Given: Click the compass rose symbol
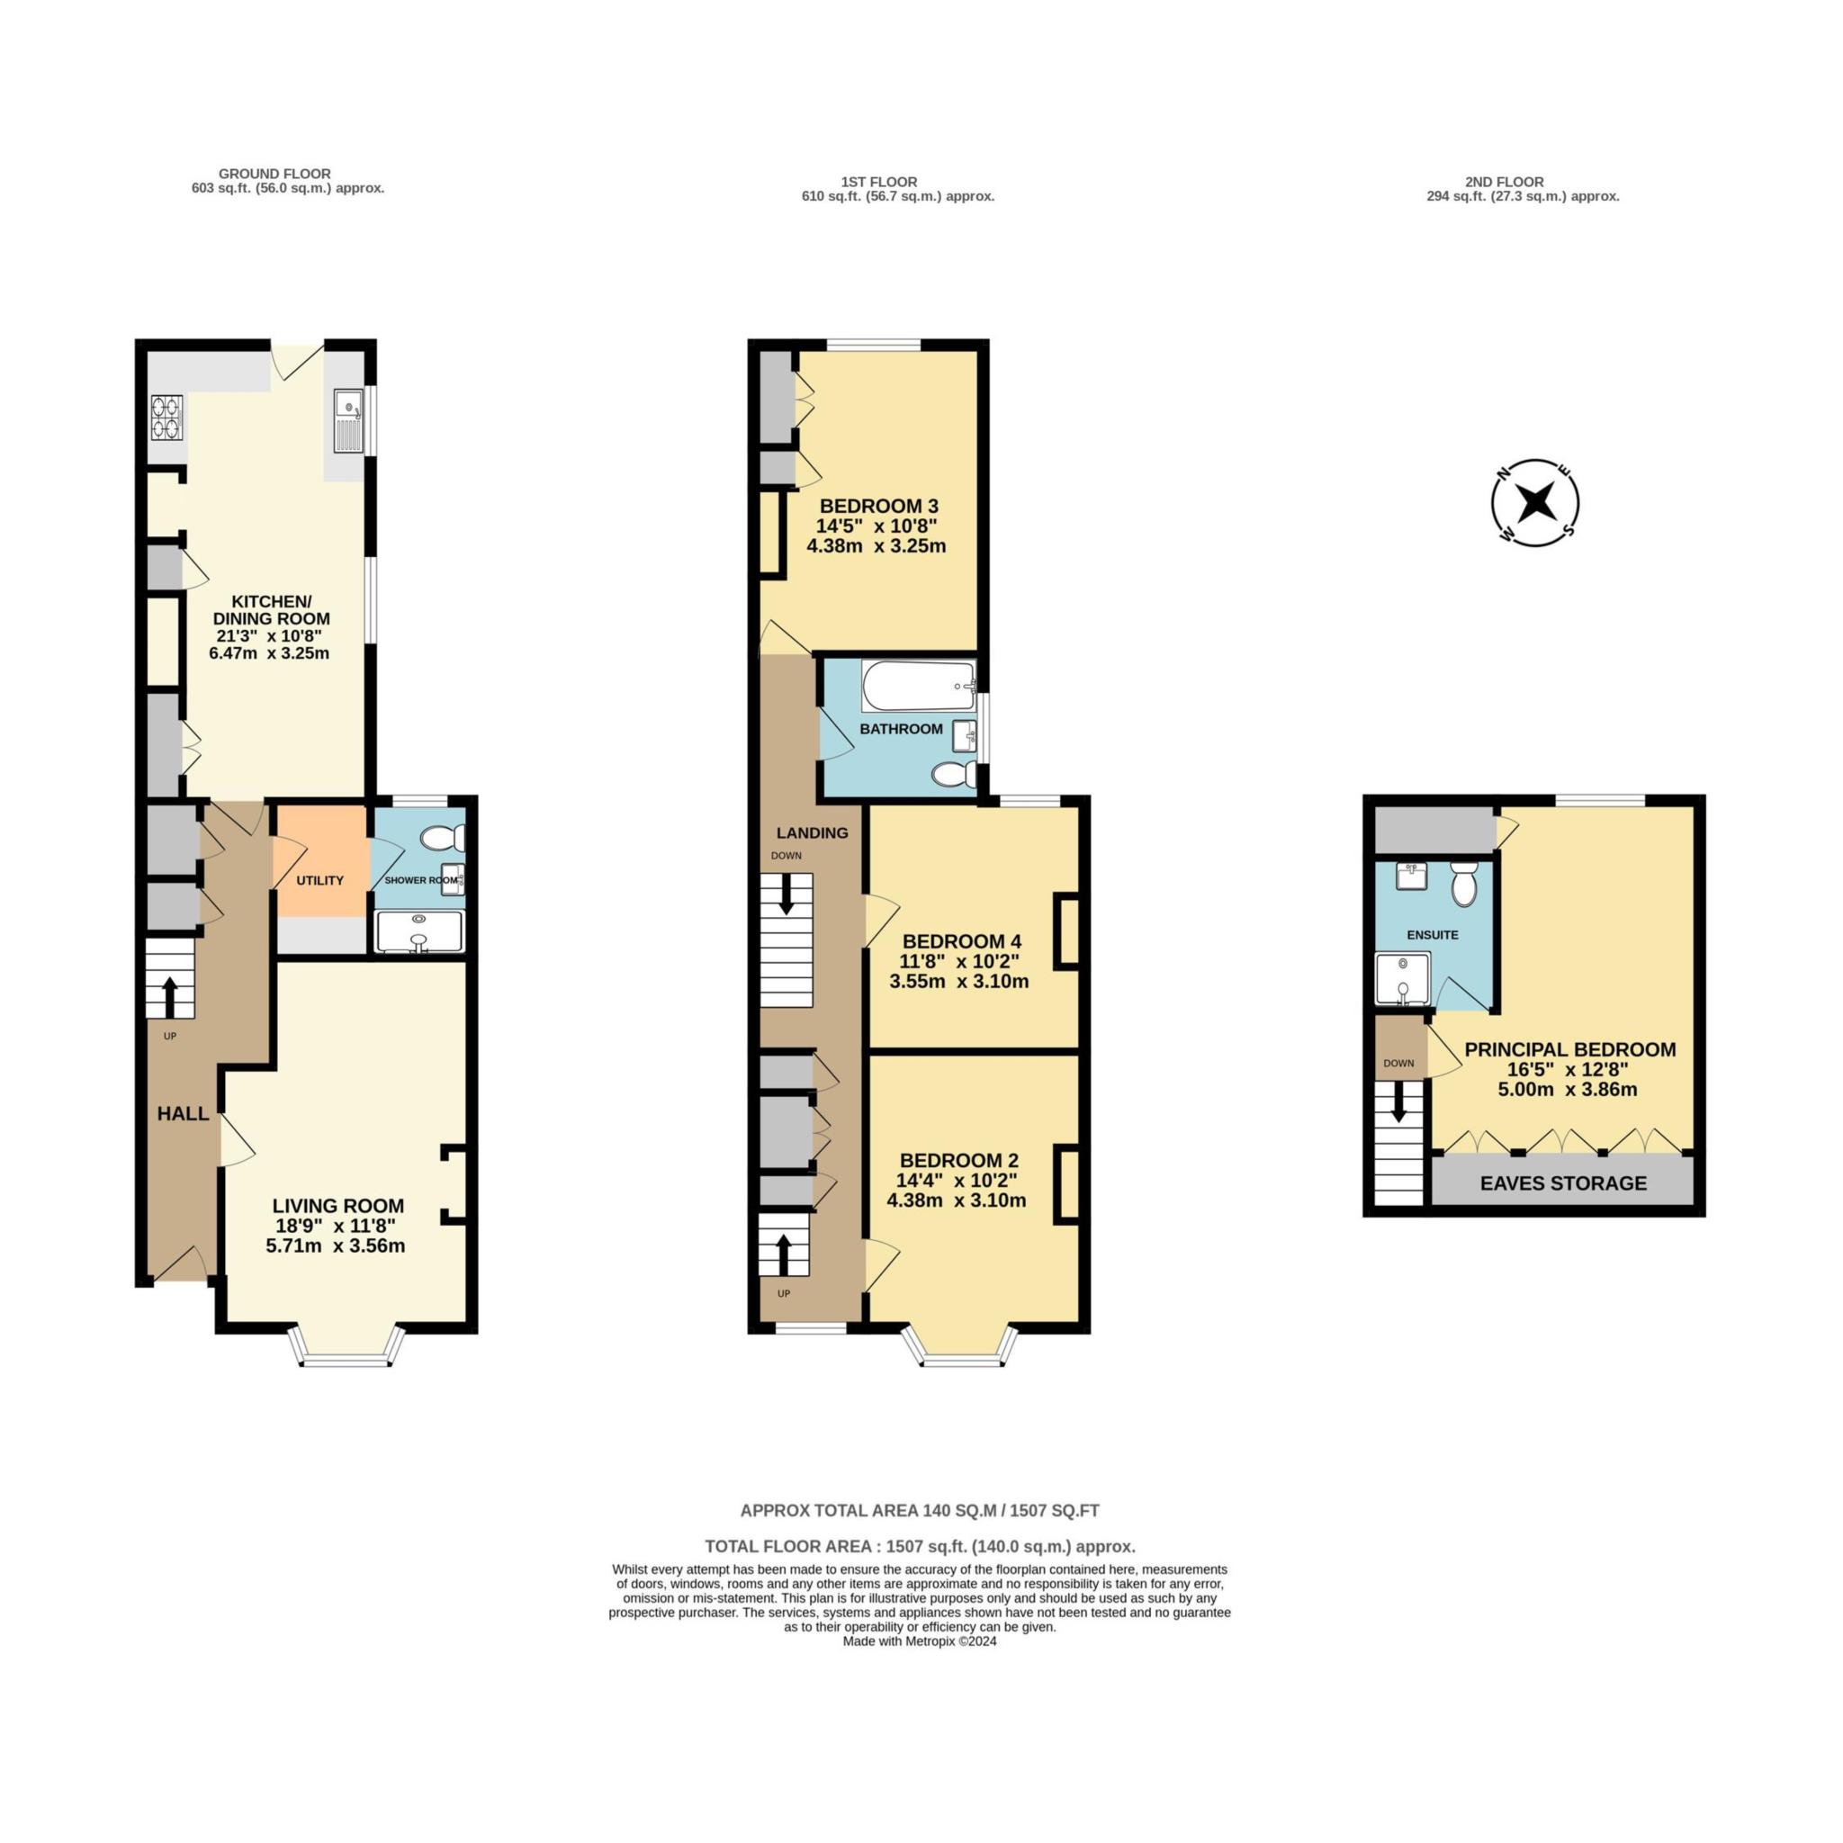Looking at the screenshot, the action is tap(1535, 503).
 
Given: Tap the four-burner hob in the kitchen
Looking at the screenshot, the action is tap(168, 418).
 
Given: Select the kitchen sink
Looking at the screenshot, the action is tap(349, 419).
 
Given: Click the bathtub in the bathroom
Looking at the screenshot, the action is tap(919, 685).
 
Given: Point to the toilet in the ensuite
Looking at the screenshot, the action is tap(1463, 884).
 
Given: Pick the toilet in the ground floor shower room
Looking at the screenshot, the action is tap(443, 839).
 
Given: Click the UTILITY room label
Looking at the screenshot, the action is tap(319, 880).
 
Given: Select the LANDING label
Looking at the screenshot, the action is tap(812, 832).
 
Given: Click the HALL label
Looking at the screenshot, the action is tap(184, 1113).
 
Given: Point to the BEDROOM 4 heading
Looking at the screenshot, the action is tap(962, 941).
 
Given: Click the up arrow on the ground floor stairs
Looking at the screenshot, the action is tap(171, 998).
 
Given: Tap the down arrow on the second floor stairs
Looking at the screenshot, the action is tap(1398, 1101).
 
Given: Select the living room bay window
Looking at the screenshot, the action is tap(347, 1346).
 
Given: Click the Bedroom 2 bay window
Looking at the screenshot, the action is tap(960, 1346).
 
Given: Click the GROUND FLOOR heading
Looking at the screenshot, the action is tap(274, 174).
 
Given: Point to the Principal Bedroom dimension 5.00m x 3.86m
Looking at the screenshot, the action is tap(1569, 1090).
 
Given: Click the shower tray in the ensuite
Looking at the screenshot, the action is tap(1402, 978).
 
